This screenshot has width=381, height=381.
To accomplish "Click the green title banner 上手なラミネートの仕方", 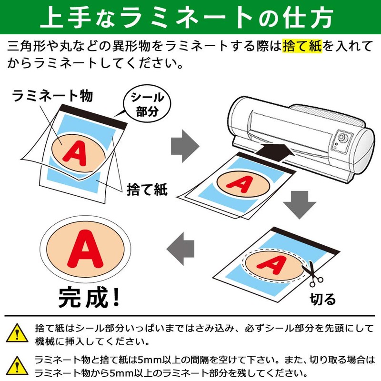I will coord(190,17).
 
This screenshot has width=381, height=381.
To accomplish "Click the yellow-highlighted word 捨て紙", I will coord(302,47).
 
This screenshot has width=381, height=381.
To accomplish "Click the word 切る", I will coord(323,299).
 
